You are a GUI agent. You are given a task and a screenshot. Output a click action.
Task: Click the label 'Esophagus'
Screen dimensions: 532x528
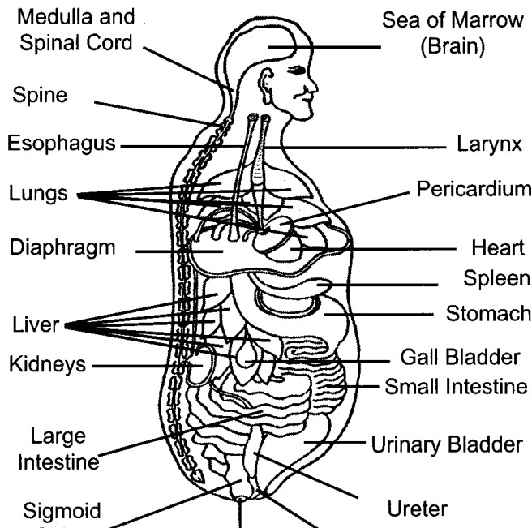[62, 144]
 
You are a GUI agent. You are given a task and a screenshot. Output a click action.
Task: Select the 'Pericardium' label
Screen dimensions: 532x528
[474, 188]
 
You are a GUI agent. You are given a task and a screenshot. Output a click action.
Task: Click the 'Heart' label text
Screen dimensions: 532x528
[498, 247]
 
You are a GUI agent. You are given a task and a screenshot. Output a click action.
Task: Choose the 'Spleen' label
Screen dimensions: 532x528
[496, 279]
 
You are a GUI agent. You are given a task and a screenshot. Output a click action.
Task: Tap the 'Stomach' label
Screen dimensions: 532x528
[488, 313]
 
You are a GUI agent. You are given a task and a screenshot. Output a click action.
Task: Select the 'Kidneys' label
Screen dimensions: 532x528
[47, 365]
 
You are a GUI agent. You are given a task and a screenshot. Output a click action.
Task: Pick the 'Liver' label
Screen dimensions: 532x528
[36, 324]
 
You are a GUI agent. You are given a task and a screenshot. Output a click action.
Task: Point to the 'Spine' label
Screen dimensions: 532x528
[40, 96]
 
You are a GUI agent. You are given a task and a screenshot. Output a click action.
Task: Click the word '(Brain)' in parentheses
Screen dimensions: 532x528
[453, 46]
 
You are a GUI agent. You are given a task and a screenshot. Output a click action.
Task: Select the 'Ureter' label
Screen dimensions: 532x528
[418, 509]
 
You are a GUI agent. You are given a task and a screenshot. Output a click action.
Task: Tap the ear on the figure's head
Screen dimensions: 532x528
[266, 87]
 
